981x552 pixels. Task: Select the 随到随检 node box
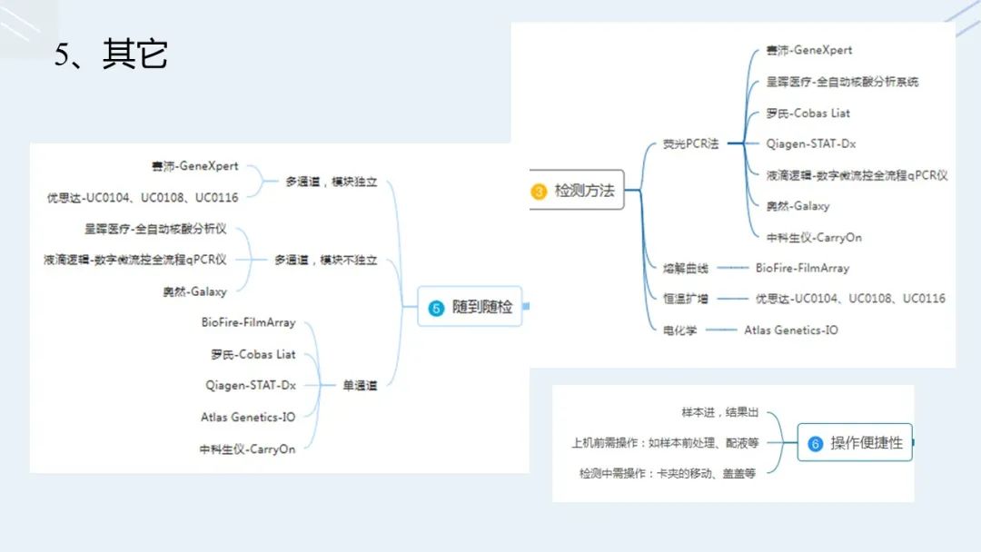coord(471,308)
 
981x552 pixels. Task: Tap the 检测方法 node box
coord(578,191)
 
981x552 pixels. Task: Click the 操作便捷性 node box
coord(855,443)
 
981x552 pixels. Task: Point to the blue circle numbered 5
coord(436,309)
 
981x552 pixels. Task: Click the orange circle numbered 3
coord(539,192)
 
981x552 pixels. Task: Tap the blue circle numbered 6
coord(815,444)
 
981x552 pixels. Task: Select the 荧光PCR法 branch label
coord(690,144)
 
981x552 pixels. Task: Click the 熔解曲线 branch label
coord(686,269)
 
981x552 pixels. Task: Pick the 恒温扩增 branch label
coord(686,299)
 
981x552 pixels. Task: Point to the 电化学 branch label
coord(680,330)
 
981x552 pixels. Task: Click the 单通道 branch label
coord(359,386)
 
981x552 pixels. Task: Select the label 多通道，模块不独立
coord(325,261)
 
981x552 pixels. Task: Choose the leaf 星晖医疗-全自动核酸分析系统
coord(842,82)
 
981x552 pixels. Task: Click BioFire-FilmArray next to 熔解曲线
coord(802,269)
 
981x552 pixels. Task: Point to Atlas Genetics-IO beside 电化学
coord(791,330)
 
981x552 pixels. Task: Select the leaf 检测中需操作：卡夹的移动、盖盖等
coord(668,473)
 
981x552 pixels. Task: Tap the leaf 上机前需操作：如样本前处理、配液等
coord(665,443)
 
